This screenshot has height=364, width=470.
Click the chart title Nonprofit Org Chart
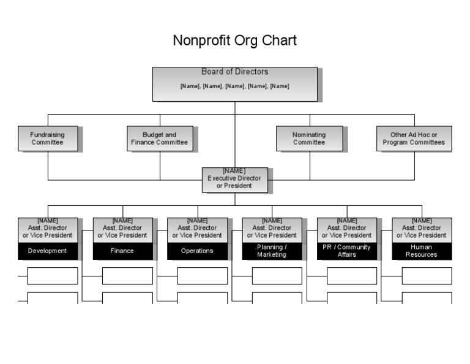234,41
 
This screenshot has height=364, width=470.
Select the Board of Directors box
234,84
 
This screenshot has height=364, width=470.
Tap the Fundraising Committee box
47,138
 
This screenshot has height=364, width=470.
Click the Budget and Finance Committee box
160,138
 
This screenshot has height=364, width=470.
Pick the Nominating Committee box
309,138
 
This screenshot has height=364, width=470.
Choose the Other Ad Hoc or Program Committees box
414,138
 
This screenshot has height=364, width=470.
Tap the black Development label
48,251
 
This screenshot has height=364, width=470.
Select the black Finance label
122,251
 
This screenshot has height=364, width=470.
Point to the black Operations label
197,251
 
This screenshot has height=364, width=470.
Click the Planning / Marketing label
272,251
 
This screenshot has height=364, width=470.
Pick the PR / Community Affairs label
346,251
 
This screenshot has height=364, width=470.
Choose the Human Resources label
421,251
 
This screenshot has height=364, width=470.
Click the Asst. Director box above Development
48,230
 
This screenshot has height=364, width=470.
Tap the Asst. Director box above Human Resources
421,230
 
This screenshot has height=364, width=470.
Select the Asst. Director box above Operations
197,230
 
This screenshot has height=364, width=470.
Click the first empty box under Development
52,276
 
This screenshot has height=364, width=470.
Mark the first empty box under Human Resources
427,276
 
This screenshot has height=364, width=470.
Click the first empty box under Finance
127,276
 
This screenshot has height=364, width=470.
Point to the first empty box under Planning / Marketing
277,276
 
